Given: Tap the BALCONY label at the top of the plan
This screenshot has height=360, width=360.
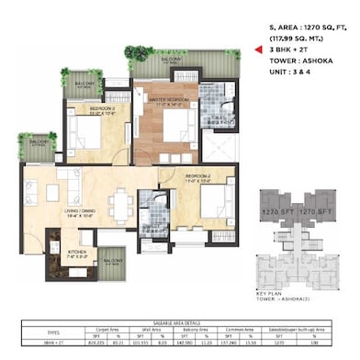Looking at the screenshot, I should pyautogui.click(x=172, y=61).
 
